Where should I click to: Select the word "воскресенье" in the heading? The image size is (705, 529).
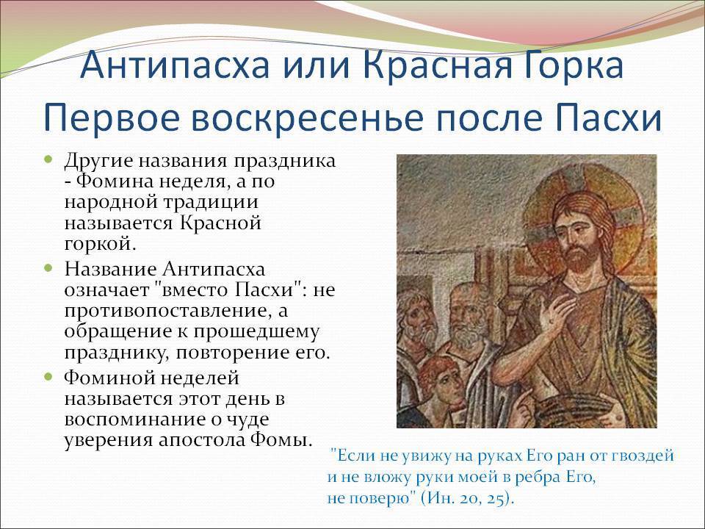(x=307, y=119)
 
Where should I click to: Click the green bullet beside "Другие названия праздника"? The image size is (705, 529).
(x=48, y=159)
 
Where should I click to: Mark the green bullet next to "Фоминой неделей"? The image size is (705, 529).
(x=48, y=376)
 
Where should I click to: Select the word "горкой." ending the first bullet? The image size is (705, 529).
(x=100, y=244)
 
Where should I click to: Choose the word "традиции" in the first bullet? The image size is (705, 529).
(x=211, y=203)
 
